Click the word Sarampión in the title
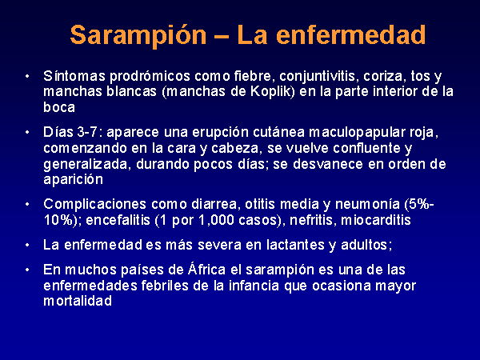tap(138, 35)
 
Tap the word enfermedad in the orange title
tap(351, 34)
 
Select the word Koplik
tap(272, 91)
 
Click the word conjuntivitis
tap(318, 77)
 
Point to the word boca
tap(59, 107)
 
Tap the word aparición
tap(73, 179)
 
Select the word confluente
tap(367, 148)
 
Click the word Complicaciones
tap(95, 205)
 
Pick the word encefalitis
tap(118, 220)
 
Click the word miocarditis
tap(376, 220)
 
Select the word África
tap(206, 269)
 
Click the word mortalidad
tap(78, 301)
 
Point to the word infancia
tap(254, 286)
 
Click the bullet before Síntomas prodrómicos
tap(27, 76)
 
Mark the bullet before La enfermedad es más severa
tap(27, 245)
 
